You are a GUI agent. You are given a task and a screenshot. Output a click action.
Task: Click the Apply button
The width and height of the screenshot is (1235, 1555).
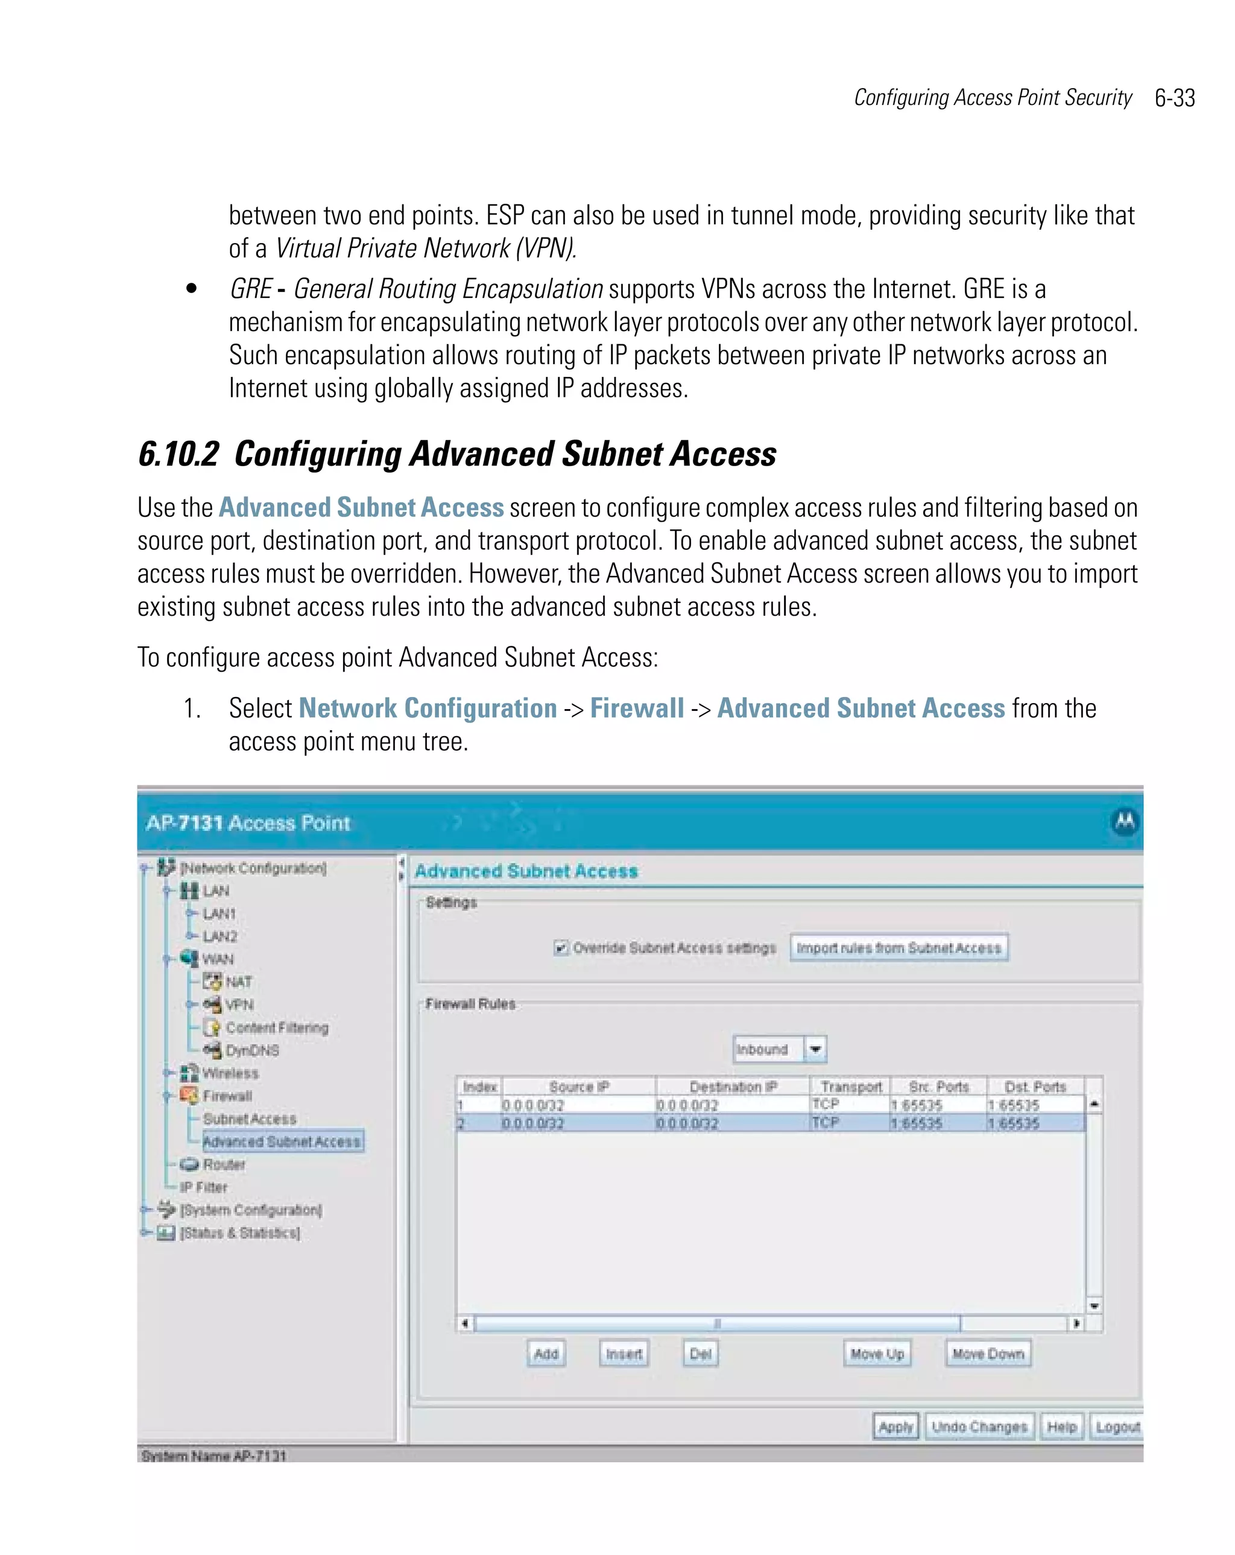click(895, 1427)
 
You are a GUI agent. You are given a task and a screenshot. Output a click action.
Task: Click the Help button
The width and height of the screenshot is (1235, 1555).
click(1061, 1427)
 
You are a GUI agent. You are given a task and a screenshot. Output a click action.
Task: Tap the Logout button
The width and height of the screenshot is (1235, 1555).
click(1117, 1427)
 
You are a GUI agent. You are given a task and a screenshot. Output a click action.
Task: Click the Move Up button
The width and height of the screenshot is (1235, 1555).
click(876, 1354)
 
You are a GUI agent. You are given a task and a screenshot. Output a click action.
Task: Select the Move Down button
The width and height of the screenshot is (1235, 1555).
click(988, 1354)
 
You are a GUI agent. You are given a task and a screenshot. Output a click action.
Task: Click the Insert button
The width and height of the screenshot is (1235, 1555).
click(624, 1354)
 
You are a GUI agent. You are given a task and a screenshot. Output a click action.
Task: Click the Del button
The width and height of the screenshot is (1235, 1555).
click(700, 1354)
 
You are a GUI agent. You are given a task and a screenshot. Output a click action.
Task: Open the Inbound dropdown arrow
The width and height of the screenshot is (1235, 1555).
click(815, 1049)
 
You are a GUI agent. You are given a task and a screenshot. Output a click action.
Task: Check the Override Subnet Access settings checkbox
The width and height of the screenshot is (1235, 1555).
click(560, 948)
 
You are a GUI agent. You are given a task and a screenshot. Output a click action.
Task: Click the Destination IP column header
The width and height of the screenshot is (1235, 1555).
click(733, 1086)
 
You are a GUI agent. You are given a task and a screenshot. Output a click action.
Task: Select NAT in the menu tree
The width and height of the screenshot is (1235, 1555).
click(238, 982)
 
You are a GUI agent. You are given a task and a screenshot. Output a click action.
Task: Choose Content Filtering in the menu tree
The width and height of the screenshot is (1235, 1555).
click(276, 1027)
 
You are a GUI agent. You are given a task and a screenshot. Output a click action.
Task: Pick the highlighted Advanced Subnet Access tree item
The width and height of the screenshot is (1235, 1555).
click(282, 1141)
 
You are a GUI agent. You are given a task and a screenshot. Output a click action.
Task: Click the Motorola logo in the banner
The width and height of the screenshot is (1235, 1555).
click(1125, 821)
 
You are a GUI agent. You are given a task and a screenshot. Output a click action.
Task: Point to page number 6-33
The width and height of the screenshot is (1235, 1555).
click(1175, 98)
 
